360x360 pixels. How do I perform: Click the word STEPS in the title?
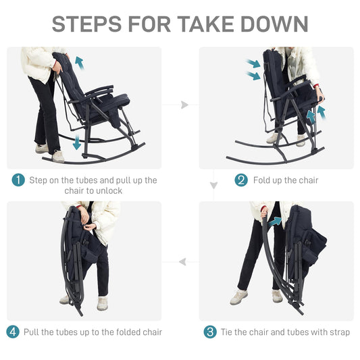(86, 24)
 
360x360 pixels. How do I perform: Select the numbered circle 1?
(18, 180)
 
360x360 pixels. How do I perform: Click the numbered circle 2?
(241, 180)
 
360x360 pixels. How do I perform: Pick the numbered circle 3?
(210, 332)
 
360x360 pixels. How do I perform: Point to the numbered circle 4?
(13, 332)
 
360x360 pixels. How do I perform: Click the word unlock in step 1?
(108, 190)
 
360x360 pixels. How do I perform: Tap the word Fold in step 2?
(261, 180)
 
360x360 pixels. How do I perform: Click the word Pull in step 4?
(32, 332)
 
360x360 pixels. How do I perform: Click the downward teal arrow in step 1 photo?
(76, 143)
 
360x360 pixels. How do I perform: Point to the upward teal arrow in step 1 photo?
(80, 63)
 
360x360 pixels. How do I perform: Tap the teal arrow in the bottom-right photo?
(275, 222)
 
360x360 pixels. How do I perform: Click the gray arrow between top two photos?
(184, 105)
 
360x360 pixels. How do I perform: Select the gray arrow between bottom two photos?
(182, 262)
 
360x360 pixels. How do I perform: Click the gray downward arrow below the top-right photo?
(213, 185)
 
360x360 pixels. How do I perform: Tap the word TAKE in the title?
(205, 24)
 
